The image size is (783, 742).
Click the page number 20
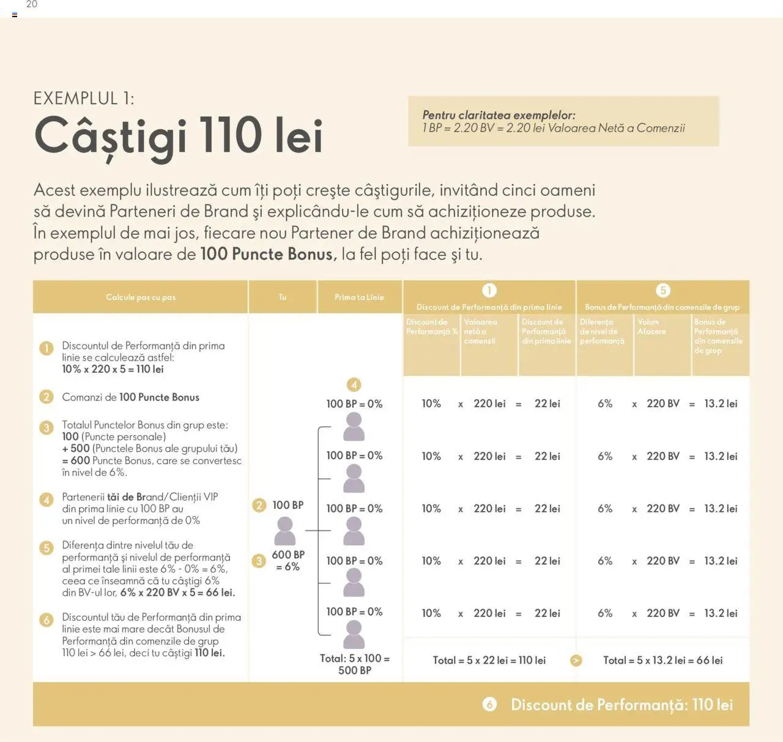pos(32,5)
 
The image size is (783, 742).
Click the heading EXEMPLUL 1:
pos(84,99)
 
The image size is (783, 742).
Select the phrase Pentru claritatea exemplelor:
pos(499,115)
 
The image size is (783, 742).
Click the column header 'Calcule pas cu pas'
pos(141,298)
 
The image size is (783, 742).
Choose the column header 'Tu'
pos(283,298)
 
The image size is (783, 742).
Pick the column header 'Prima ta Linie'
pos(359,298)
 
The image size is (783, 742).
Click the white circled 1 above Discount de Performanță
pos(489,290)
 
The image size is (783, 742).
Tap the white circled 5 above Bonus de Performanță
pos(662,290)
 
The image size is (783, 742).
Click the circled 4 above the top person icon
pos(354,385)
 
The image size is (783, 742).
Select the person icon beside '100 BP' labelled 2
pos(284,531)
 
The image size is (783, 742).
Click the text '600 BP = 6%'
pos(288,561)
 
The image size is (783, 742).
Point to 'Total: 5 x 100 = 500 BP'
pos(355,664)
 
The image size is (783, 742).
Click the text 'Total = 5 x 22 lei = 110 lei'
pos(489,661)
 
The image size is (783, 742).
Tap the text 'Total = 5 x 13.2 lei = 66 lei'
pos(662,661)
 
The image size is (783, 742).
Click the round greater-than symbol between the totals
pos(576,661)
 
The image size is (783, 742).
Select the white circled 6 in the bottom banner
pos(489,705)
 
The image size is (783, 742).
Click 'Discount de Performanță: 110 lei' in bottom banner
pos(622,705)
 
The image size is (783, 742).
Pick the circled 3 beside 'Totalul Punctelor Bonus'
pos(46,427)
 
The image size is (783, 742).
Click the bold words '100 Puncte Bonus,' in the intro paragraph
pos(269,254)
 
